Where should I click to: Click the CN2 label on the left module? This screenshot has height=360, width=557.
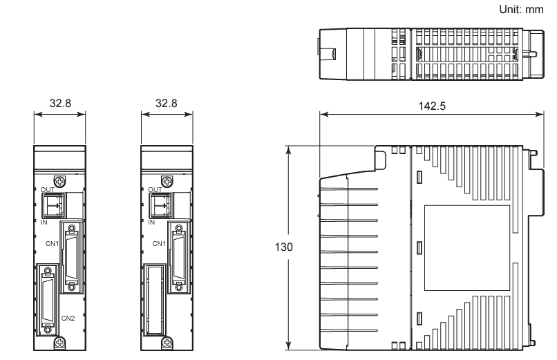point(68,318)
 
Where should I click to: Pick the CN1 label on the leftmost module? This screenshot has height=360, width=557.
point(51,243)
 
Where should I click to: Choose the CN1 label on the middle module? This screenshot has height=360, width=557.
point(158,243)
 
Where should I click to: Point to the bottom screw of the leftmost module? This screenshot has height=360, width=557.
point(60,341)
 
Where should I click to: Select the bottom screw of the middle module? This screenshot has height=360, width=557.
point(167,341)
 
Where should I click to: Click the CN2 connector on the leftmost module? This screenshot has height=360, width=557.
point(48,296)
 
